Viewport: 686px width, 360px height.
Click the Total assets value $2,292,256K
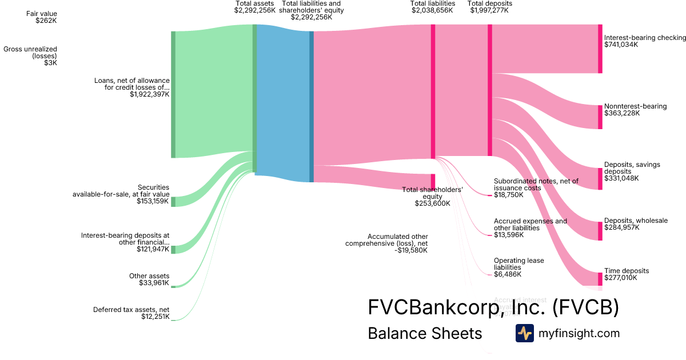point(255,10)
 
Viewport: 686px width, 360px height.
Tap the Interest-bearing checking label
point(645,38)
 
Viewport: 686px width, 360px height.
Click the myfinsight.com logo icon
point(524,333)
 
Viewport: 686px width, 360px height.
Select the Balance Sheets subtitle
point(425,333)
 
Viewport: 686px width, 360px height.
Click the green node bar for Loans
point(173,94)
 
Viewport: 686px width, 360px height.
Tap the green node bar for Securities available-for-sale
point(173,201)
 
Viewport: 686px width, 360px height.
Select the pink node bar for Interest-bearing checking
point(600,49)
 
